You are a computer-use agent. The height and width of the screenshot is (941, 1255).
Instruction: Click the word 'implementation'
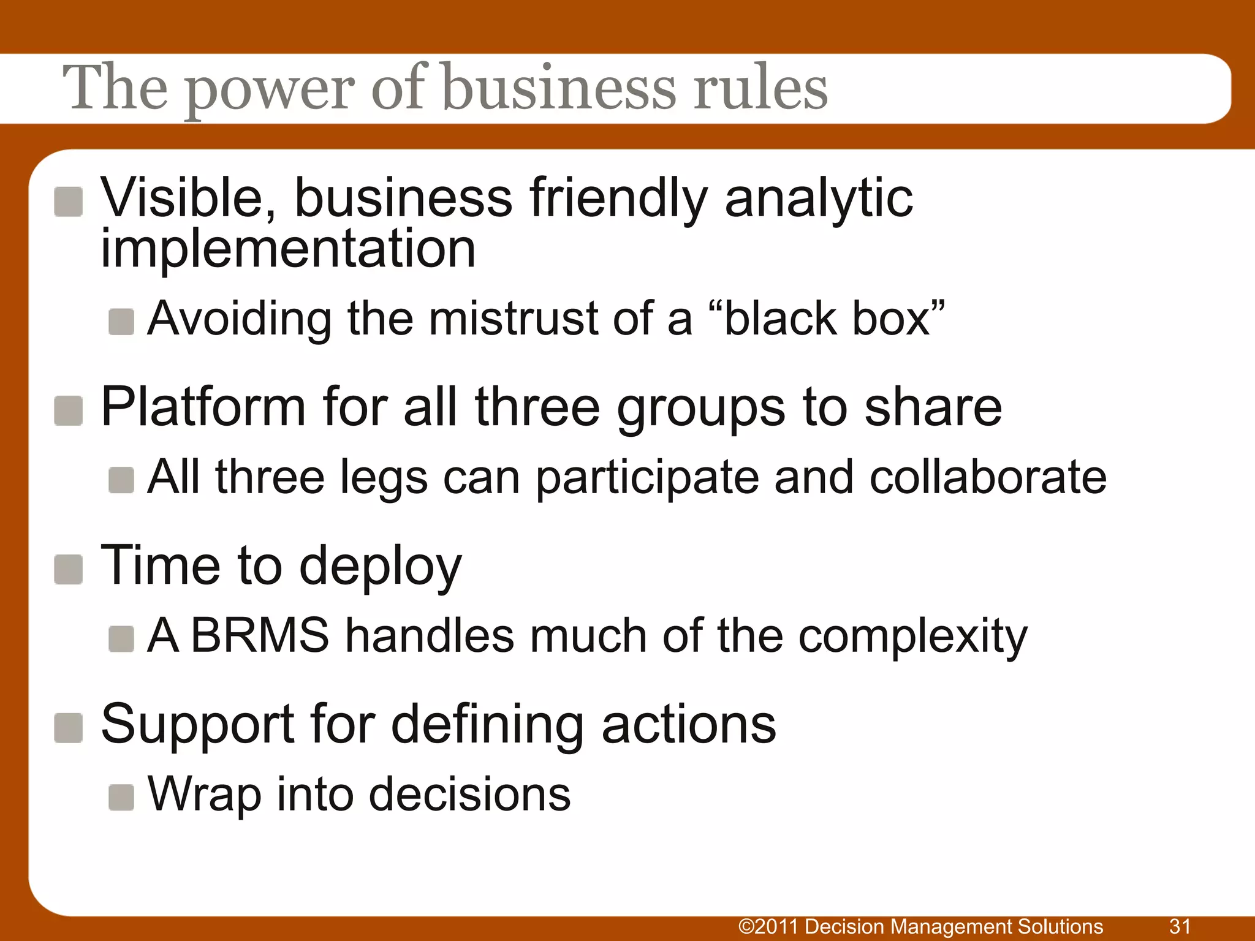(288, 249)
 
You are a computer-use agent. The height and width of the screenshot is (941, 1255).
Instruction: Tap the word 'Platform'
(203, 407)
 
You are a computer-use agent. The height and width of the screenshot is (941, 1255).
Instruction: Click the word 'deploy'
(380, 567)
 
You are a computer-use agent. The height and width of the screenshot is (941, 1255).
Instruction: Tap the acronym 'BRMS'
(260, 635)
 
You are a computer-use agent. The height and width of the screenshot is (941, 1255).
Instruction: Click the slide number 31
(1180, 926)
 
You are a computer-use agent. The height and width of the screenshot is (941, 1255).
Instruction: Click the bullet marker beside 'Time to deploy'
(68, 570)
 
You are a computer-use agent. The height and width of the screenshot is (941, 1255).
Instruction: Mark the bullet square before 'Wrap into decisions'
(121, 798)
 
